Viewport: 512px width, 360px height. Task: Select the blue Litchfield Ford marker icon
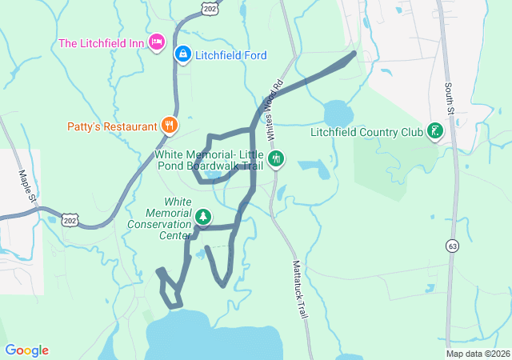182,54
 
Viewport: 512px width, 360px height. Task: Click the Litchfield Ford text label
230,55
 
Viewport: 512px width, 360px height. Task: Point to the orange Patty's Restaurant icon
169,125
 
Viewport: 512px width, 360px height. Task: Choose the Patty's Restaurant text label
111,126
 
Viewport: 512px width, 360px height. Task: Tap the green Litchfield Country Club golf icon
435,131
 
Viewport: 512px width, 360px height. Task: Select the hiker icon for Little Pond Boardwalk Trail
276,158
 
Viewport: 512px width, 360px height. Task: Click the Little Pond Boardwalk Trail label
209,160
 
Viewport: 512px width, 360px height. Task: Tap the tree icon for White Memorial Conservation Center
204,216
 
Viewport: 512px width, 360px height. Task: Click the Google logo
26,350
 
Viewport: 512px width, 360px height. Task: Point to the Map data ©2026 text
477,354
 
